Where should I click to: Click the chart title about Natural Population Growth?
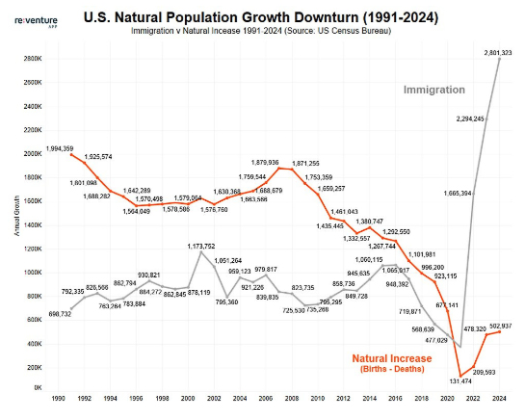276,16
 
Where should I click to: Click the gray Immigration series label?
433,90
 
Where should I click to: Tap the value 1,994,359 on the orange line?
65,148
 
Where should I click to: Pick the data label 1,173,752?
199,246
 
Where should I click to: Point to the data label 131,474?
459,380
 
